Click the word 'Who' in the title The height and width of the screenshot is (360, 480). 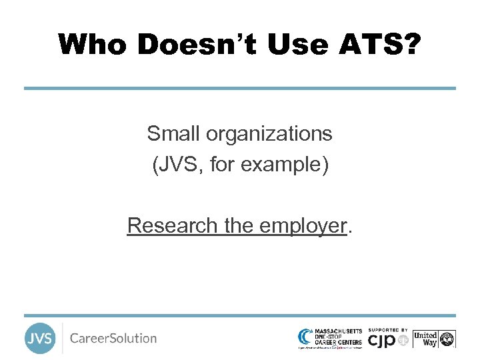94,45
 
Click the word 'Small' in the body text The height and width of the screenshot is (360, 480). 174,134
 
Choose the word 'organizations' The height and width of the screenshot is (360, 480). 269,134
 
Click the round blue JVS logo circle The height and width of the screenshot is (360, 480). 40,339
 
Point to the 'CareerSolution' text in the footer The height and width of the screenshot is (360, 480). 113,339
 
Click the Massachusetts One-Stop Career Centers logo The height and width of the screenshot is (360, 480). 331,338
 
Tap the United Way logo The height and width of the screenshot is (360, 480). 434,339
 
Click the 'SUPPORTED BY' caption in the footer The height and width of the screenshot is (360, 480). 388,330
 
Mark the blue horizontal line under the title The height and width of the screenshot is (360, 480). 240,88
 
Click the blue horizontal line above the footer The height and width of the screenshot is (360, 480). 240,315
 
